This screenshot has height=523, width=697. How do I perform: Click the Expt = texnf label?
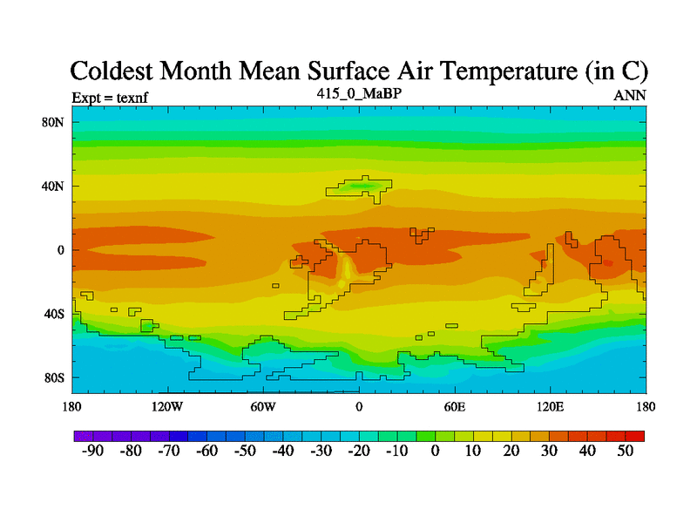(110, 97)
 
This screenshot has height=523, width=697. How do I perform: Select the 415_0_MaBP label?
(359, 92)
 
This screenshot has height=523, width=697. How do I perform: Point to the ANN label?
(630, 96)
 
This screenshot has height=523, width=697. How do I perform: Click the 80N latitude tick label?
(54, 122)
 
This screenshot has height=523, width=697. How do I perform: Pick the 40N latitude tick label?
(54, 186)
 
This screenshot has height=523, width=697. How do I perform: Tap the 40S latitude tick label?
(55, 314)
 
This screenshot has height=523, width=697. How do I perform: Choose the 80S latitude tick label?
(55, 377)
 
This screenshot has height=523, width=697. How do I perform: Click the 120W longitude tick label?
(166, 407)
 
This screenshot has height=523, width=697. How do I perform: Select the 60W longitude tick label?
(263, 407)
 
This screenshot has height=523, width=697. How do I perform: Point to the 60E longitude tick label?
(455, 407)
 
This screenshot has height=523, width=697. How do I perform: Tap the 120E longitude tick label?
(551, 407)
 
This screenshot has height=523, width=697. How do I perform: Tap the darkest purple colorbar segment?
(83, 435)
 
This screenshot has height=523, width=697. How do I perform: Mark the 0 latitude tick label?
(61, 250)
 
